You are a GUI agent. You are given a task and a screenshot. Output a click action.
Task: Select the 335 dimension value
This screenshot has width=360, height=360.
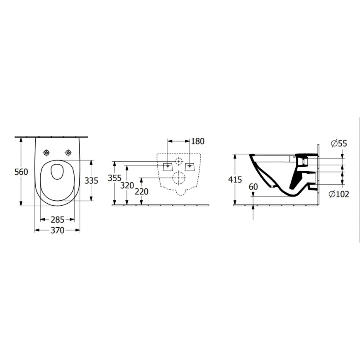click(91, 180)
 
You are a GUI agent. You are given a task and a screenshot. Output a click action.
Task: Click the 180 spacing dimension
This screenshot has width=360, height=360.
click(198, 141)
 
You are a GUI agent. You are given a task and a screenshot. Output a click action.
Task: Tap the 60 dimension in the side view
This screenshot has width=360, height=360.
click(253, 187)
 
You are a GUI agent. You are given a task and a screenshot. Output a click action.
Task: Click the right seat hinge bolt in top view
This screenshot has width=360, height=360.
click(68, 152)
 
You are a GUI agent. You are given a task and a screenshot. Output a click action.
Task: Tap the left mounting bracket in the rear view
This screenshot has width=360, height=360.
click(167, 166)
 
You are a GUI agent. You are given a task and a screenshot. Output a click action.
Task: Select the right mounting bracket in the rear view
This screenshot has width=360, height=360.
click(190, 166)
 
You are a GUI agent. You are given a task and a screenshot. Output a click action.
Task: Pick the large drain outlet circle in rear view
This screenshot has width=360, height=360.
click(179, 178)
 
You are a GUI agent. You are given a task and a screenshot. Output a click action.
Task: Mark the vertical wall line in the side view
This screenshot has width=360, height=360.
click(318, 174)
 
